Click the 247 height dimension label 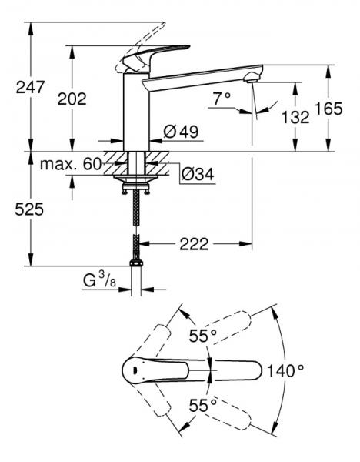point(30,87)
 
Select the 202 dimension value point(72,99)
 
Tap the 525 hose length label point(29,209)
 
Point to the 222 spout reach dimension point(194,244)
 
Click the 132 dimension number point(295,117)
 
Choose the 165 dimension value point(328,109)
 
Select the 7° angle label point(222,99)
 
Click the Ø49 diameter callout point(181,132)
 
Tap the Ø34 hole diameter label point(198,175)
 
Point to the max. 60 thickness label point(71,164)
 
